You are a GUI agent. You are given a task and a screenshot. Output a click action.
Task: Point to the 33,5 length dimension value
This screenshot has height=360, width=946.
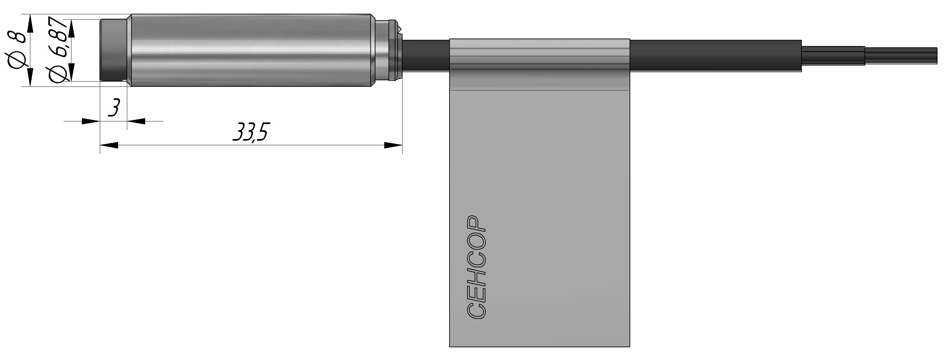(x=250, y=132)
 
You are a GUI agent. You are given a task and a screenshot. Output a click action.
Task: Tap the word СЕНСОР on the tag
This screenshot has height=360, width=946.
(x=477, y=267)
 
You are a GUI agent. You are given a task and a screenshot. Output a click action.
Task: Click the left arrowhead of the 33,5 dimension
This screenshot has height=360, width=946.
(x=109, y=145)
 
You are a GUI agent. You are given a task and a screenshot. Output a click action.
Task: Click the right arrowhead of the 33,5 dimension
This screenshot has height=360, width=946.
(x=393, y=145)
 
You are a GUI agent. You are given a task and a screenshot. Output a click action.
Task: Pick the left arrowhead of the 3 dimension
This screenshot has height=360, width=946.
(x=91, y=121)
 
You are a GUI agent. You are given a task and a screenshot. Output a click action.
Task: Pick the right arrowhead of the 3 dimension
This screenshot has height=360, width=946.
(x=136, y=121)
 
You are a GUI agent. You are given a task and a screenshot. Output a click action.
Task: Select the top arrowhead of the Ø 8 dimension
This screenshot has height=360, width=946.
(x=29, y=23)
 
